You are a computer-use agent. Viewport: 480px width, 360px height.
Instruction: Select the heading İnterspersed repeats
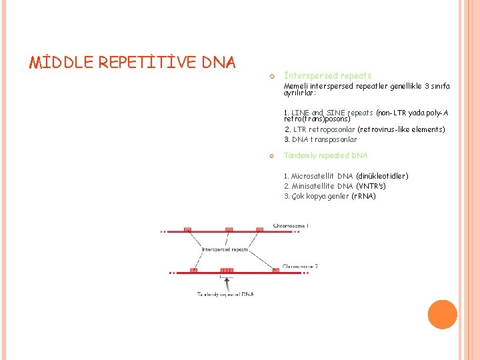point(327,76)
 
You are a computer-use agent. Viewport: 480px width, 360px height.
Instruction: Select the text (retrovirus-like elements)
point(401,129)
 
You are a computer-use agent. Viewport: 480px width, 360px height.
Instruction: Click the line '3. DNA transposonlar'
point(320,139)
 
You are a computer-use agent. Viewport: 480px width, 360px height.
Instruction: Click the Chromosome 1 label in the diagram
point(291,226)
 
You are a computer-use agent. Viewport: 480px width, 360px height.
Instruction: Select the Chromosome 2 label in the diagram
point(300,266)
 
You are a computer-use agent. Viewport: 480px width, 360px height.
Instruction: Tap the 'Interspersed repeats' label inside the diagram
point(225,249)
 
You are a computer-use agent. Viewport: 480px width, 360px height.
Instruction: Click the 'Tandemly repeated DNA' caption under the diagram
point(225,293)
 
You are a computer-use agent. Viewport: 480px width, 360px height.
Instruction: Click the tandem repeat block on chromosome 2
point(227,271)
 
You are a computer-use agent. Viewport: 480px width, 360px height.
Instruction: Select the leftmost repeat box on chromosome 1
point(189,230)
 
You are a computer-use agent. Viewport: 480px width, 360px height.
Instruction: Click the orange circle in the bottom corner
point(442,315)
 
